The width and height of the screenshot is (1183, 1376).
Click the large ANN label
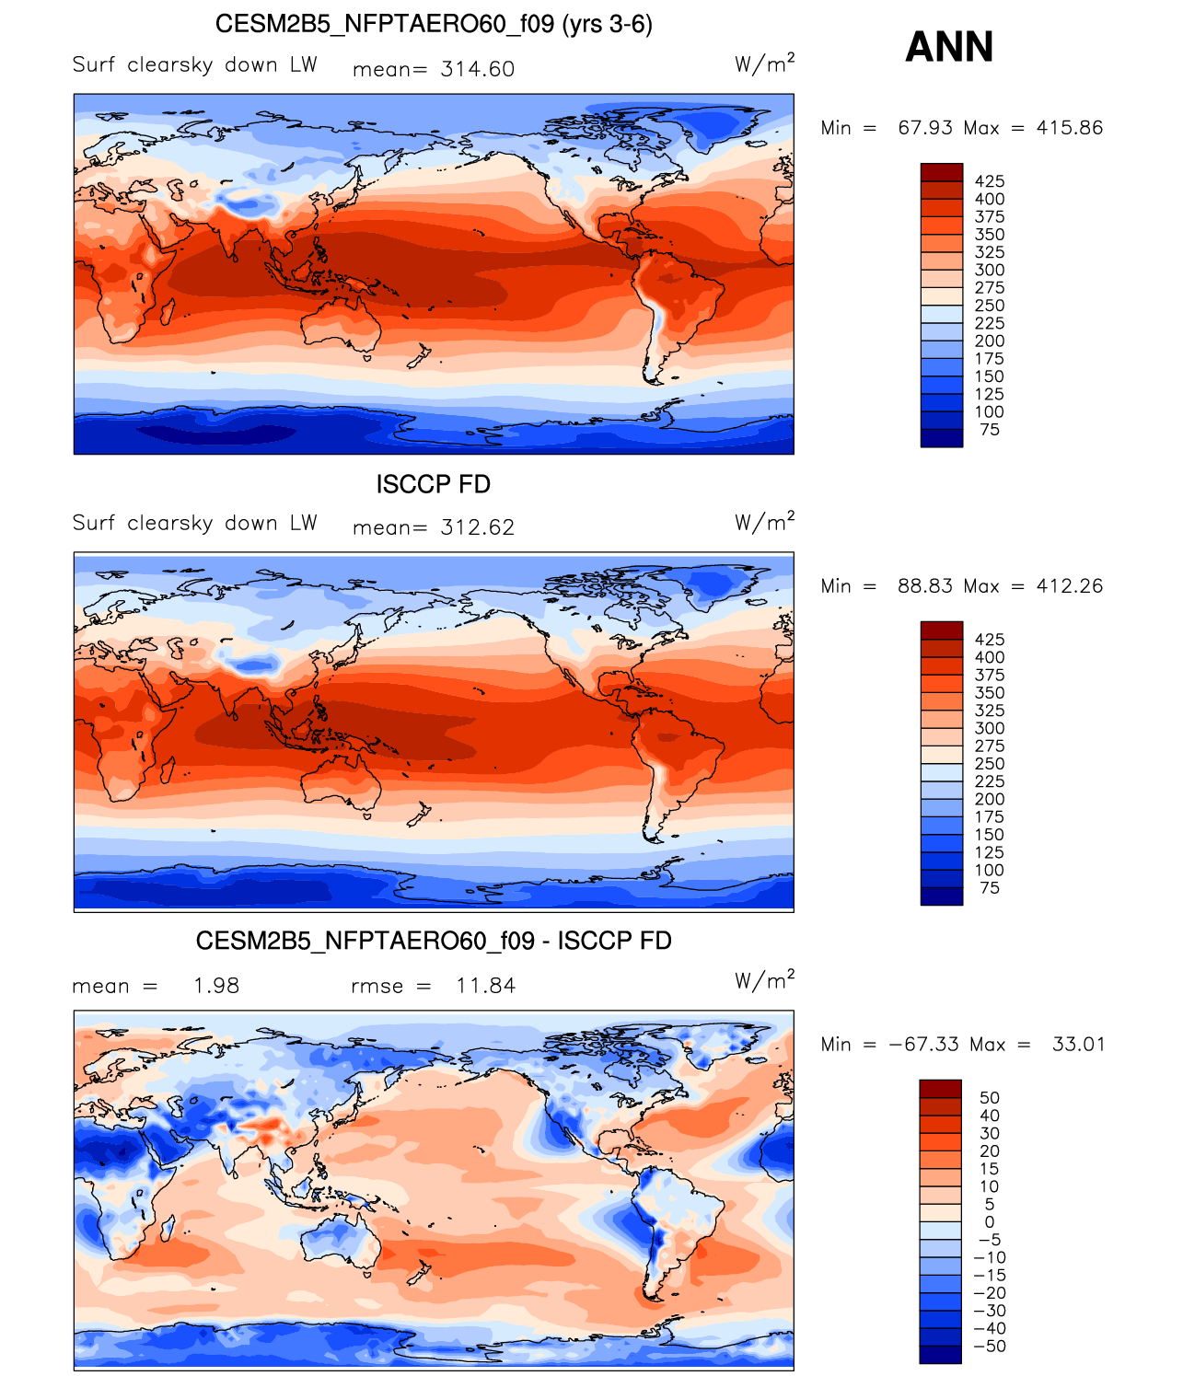(x=948, y=47)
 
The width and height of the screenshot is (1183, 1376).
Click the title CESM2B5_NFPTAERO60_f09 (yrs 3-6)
(x=434, y=25)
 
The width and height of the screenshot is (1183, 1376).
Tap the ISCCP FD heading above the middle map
(x=434, y=484)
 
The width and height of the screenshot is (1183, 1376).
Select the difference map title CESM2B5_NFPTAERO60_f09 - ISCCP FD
(x=434, y=941)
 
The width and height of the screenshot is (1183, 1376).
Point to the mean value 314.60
(x=477, y=69)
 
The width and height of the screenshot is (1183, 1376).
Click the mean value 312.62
(x=477, y=527)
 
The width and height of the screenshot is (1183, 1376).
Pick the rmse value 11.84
(x=485, y=985)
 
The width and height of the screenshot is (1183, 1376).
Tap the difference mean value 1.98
(x=216, y=985)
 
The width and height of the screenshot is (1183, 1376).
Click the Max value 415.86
(x=1069, y=127)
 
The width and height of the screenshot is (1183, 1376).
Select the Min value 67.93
(x=925, y=127)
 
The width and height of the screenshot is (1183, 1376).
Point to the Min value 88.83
(x=925, y=585)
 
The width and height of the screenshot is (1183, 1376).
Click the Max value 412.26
(x=1069, y=585)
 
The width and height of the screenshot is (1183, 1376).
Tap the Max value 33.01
(x=1078, y=1044)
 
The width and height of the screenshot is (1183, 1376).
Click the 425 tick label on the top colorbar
(x=990, y=181)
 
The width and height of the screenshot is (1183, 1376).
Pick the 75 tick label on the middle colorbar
(x=990, y=887)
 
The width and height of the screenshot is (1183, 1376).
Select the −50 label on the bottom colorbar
(x=990, y=1346)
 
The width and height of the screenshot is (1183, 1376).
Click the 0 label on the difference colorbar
(x=990, y=1221)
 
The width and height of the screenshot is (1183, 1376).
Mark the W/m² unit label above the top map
(x=764, y=64)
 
